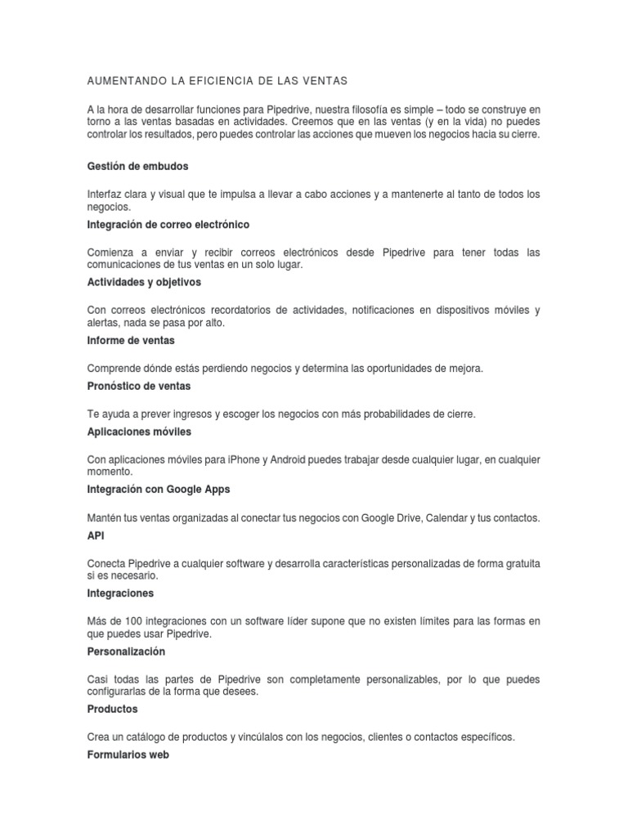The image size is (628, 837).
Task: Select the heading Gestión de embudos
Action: click(x=137, y=166)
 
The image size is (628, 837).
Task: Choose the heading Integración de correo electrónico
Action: click(x=168, y=224)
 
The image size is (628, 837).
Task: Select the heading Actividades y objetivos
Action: click(x=144, y=282)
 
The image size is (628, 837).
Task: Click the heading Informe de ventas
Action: click(x=131, y=340)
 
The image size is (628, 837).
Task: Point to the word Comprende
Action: click(x=114, y=369)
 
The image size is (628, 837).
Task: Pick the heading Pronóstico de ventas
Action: click(x=139, y=386)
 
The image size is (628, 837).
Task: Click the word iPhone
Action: click(x=244, y=460)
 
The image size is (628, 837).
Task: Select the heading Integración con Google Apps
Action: click(x=159, y=490)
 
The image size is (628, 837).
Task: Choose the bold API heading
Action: click(x=96, y=535)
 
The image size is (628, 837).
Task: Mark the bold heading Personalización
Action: click(x=126, y=651)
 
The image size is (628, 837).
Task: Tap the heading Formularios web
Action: click(x=128, y=755)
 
